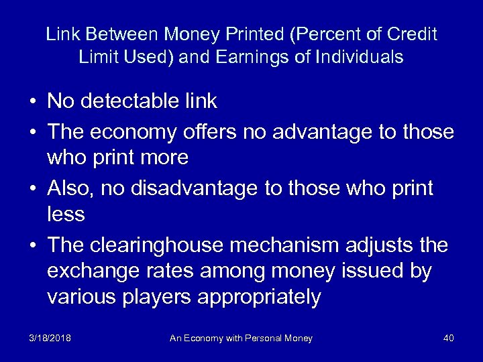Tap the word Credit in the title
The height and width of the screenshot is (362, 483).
click(x=411, y=34)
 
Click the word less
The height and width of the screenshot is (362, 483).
click(x=66, y=214)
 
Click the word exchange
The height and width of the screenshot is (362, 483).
click(x=91, y=271)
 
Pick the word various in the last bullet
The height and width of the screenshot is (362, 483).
click(x=82, y=297)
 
